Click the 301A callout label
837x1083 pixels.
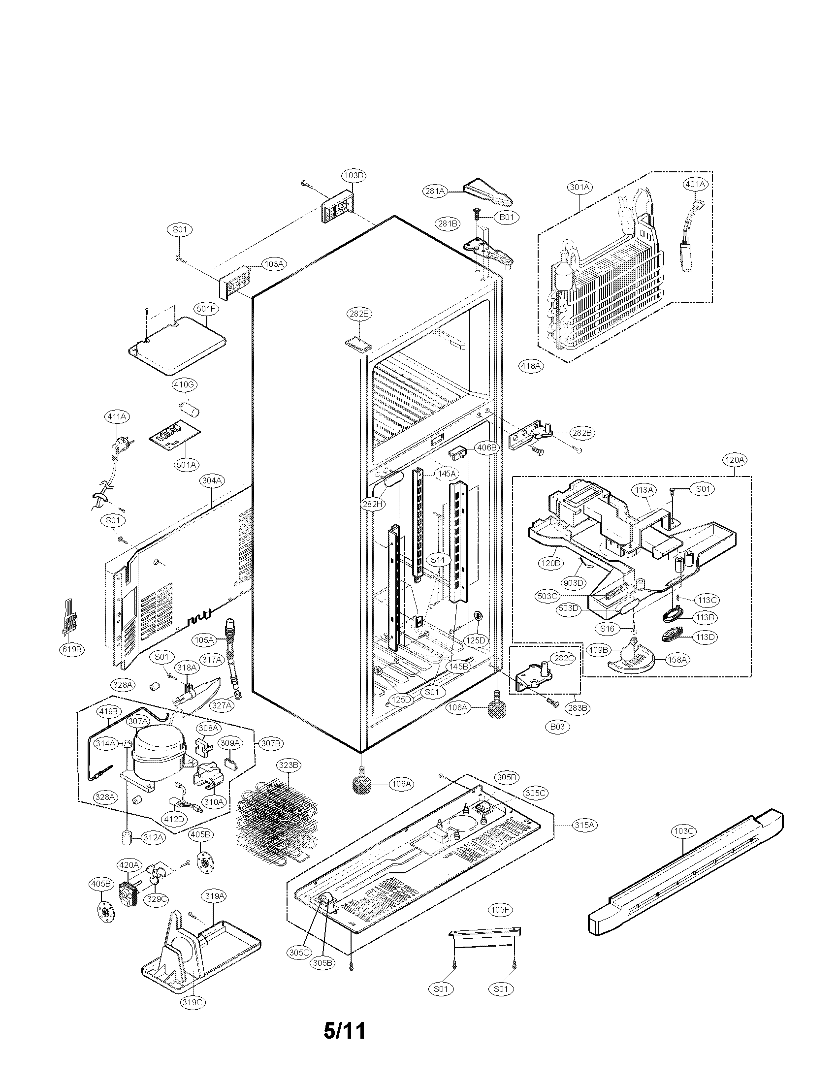(x=579, y=187)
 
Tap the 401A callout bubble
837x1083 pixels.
(x=695, y=184)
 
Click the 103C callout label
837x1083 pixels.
(x=683, y=830)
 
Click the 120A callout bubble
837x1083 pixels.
(x=735, y=460)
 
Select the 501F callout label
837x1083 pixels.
(x=206, y=309)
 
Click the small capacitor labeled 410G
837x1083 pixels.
(x=189, y=410)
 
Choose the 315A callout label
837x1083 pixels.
(x=584, y=825)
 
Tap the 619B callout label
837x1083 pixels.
(x=70, y=650)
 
